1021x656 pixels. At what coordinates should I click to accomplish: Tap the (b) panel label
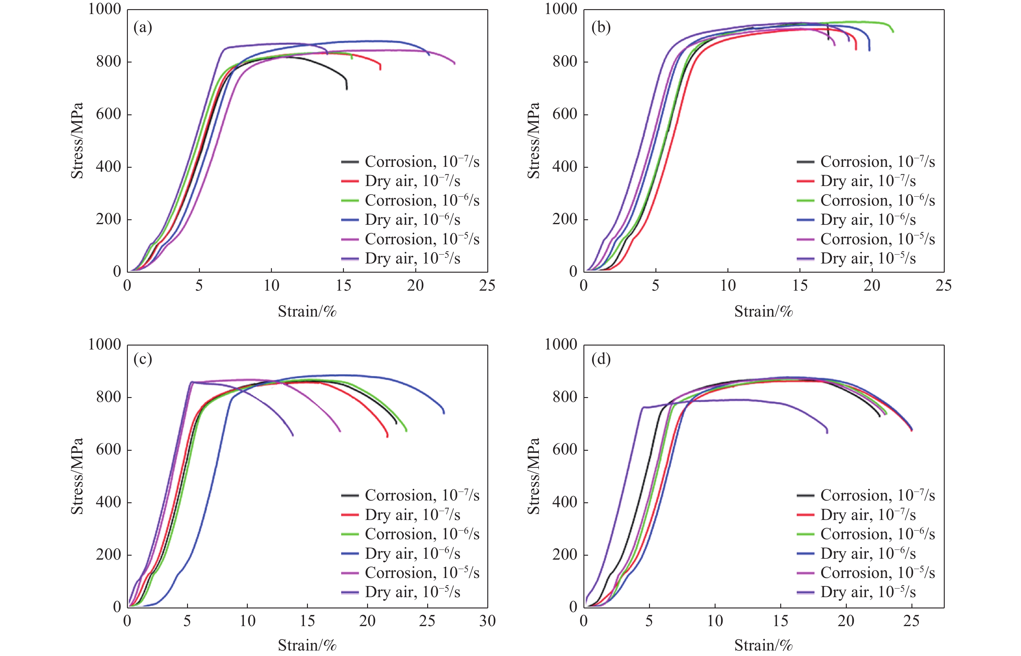pyautogui.click(x=601, y=28)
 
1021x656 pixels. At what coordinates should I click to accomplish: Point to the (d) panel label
pyautogui.click(x=601, y=360)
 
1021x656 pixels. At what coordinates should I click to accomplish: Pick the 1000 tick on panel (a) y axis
pyautogui.click(x=104, y=9)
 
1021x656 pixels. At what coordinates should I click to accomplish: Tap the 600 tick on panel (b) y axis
pyautogui.click(x=565, y=114)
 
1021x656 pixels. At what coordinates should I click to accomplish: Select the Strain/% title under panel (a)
pyautogui.click(x=307, y=312)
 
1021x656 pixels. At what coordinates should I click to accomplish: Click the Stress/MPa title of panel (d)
pyautogui.click(x=533, y=476)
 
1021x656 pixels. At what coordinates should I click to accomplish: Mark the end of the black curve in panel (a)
pyautogui.click(x=347, y=89)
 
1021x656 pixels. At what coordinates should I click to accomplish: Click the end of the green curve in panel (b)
pyautogui.click(x=893, y=31)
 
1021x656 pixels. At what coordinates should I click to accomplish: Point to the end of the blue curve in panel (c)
pyautogui.click(x=444, y=413)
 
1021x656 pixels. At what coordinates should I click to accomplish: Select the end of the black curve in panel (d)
pyautogui.click(x=879, y=416)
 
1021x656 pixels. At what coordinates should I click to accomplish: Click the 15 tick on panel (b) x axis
pyautogui.click(x=800, y=286)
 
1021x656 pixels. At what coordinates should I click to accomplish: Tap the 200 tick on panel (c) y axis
pyautogui.click(x=109, y=555)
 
